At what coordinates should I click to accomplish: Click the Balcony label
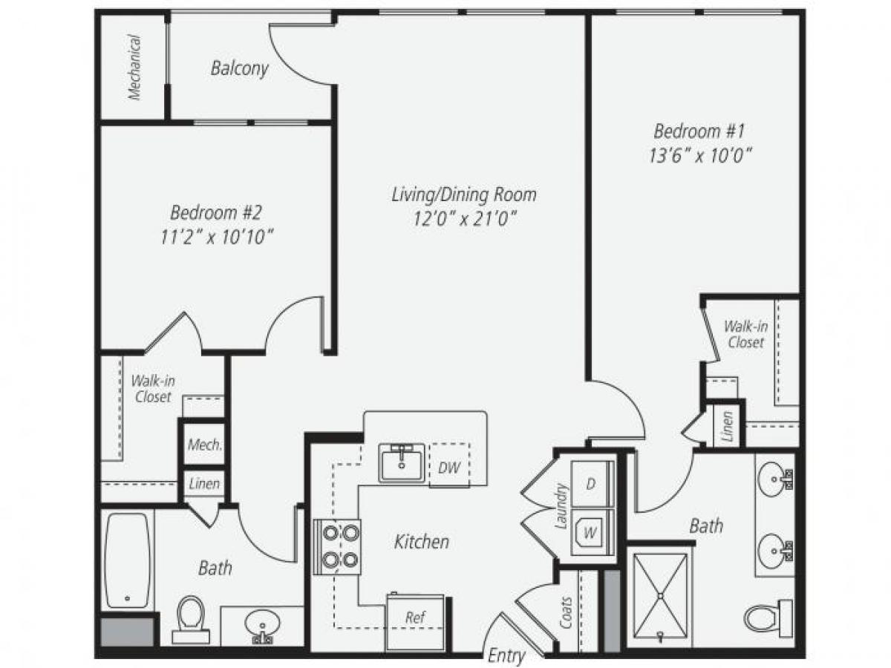point(239,69)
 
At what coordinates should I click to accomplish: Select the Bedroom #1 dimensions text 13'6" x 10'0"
point(698,157)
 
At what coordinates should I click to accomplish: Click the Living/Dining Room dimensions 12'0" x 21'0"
point(463,219)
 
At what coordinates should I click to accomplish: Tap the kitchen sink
point(402,463)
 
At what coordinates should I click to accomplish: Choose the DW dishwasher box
point(449,467)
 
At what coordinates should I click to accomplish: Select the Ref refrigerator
point(415,620)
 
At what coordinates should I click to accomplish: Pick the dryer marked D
point(592,485)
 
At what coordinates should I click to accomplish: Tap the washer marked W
point(592,532)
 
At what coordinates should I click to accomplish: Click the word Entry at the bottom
point(507,655)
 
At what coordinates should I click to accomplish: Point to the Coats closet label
point(567,612)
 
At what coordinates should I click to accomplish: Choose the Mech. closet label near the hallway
point(204,445)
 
